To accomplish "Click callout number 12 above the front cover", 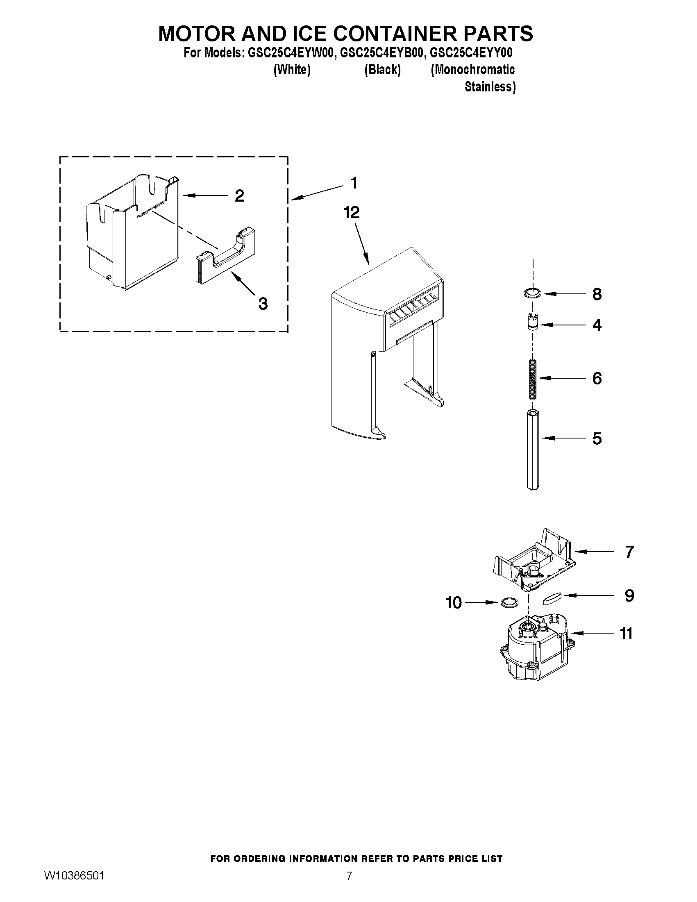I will (x=352, y=213).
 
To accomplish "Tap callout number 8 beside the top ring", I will (x=597, y=294).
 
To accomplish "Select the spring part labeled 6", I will (x=533, y=379).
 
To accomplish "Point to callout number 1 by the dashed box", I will (x=354, y=183).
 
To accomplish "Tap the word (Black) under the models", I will (x=382, y=70).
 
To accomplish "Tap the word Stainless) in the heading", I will (x=490, y=87).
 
